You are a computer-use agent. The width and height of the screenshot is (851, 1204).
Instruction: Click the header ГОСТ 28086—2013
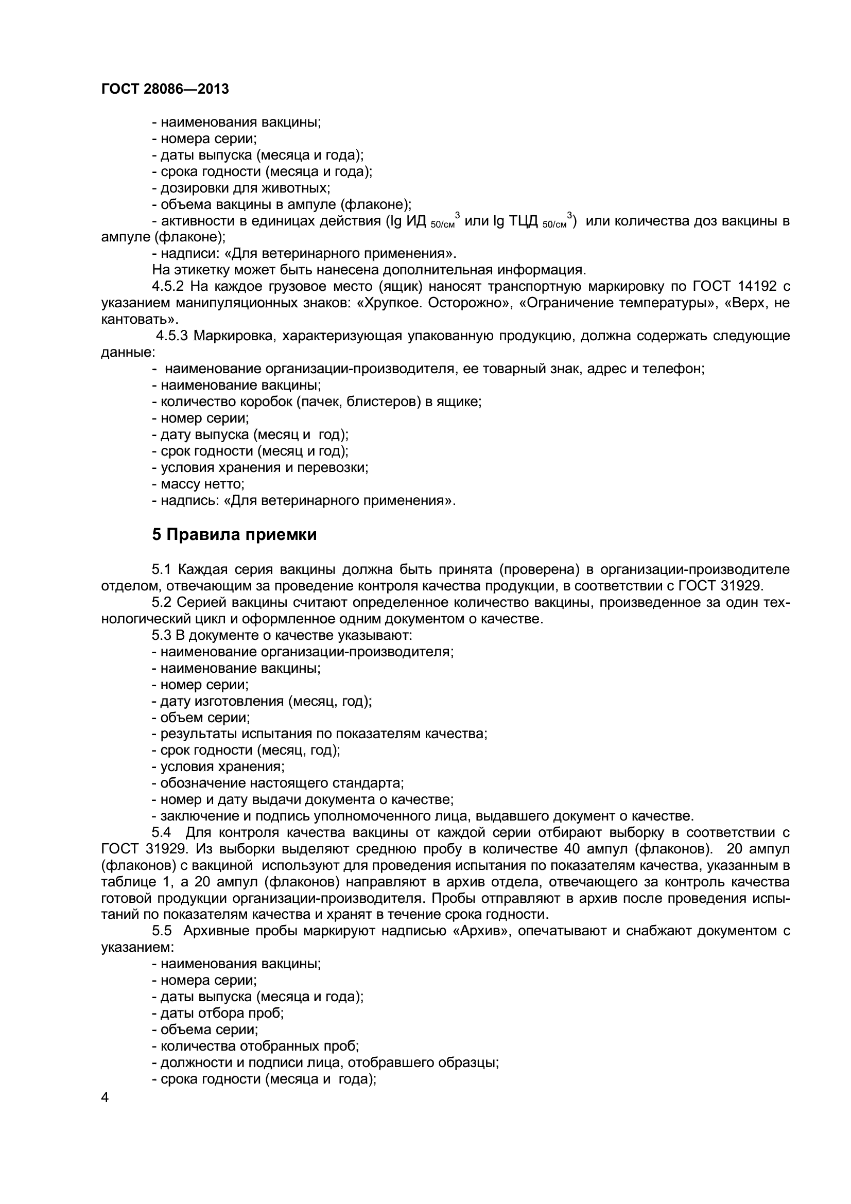point(165,89)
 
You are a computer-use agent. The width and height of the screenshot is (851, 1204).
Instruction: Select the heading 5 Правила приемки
point(234,535)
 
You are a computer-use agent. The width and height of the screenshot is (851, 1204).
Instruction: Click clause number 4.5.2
point(168,286)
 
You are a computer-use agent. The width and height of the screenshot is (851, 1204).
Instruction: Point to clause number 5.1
point(162,569)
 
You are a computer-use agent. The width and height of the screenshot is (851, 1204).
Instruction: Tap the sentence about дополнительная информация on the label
point(369,270)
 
